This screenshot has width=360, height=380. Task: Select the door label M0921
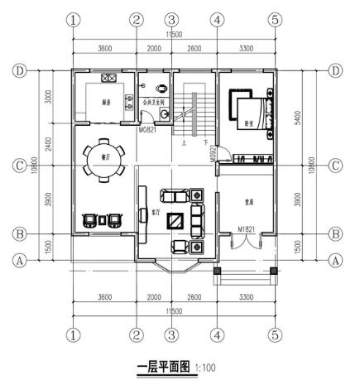pyautogui.click(x=213, y=152)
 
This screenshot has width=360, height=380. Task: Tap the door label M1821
pyautogui.click(x=246, y=228)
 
